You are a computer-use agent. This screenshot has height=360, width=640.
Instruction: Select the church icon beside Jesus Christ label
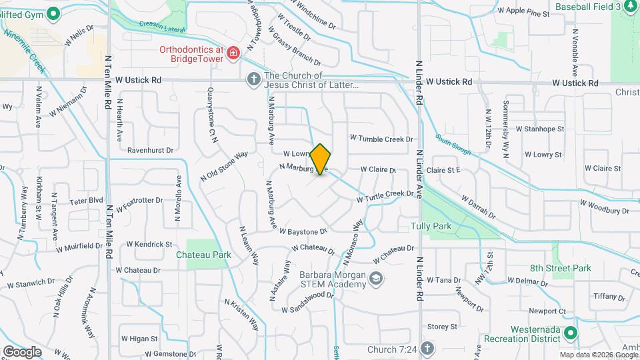click(253, 80)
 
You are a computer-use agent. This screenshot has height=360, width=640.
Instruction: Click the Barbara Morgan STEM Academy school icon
click(376, 279)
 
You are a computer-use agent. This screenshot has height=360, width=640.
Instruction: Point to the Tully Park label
click(431, 227)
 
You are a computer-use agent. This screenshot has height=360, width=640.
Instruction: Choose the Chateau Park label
click(203, 255)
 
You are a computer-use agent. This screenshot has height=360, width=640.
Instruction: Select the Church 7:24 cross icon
click(427, 349)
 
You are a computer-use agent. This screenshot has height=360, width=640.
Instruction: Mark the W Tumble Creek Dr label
click(381, 139)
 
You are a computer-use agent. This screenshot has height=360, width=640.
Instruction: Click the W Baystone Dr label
click(303, 231)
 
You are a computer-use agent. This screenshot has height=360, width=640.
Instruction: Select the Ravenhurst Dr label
click(150, 151)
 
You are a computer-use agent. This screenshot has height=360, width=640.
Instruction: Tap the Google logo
click(22, 351)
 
